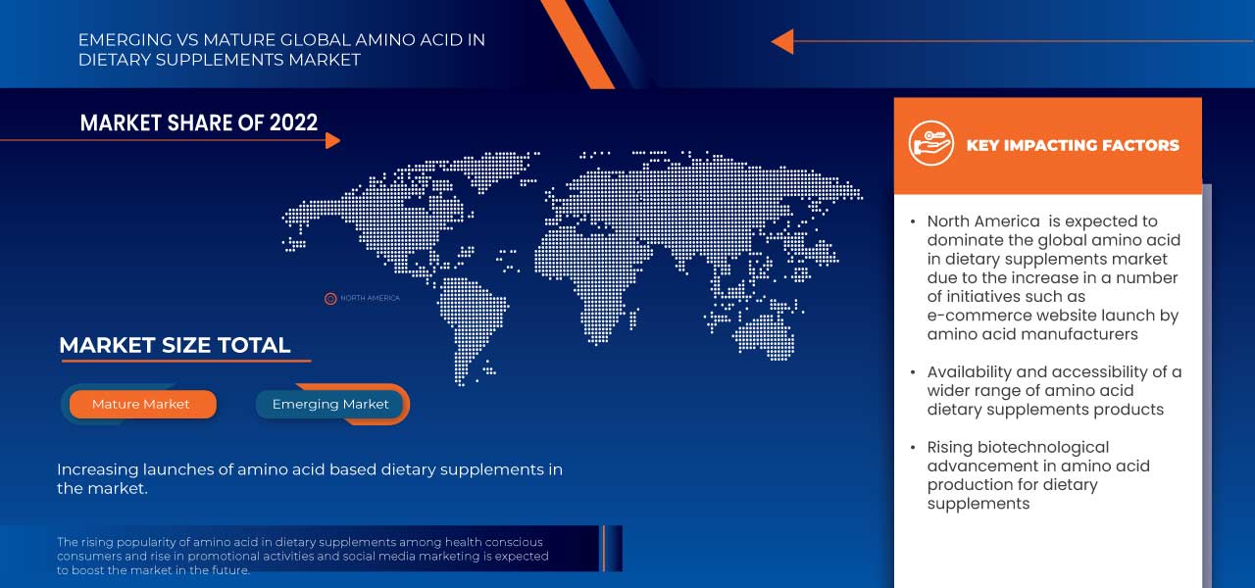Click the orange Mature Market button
click(x=141, y=404)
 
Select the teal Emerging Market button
click(x=330, y=404)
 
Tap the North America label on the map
click(x=370, y=298)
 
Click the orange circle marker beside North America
click(x=330, y=298)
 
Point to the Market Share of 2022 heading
click(x=198, y=122)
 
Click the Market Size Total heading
click(x=175, y=345)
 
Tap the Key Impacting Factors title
click(x=1073, y=145)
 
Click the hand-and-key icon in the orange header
click(x=930, y=144)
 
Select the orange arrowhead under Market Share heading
click(x=332, y=140)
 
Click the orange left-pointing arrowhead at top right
click(x=781, y=41)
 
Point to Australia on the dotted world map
click(x=765, y=333)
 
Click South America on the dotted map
click(x=471, y=314)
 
